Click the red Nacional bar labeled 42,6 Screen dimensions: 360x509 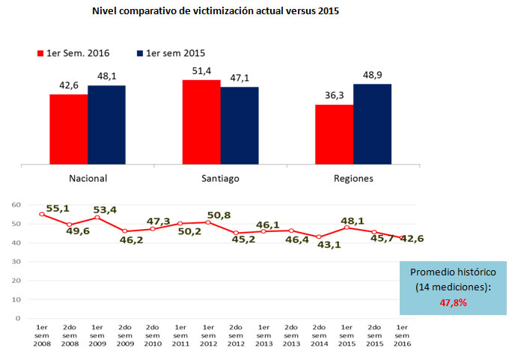[68, 129]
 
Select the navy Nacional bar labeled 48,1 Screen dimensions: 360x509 [106, 124]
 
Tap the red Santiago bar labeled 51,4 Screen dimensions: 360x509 [201, 121]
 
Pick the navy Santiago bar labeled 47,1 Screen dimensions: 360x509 [240, 125]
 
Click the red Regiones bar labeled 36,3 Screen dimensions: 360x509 [334, 134]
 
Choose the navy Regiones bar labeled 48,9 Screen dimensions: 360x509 [372, 123]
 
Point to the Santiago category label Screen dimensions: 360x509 [221, 178]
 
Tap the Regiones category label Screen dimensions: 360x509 [353, 178]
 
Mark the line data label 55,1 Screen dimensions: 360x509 [58, 209]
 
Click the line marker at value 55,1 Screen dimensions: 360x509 [42, 214]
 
